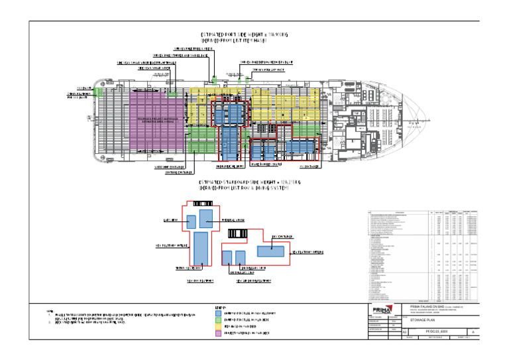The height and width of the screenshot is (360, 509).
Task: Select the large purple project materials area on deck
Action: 156,119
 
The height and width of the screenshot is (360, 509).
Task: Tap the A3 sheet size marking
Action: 388,339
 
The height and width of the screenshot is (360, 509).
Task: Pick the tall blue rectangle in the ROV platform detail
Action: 201,248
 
